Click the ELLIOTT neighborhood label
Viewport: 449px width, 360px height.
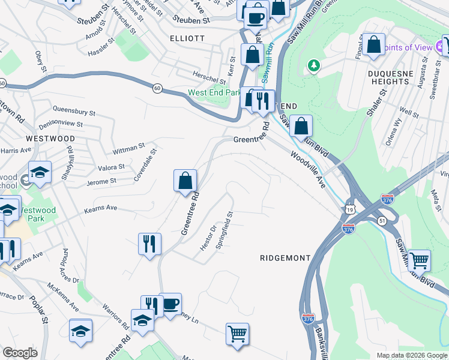[187, 38]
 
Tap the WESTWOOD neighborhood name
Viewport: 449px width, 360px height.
[50, 139]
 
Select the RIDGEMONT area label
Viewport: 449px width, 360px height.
[285, 258]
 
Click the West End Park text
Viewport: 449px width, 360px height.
[214, 93]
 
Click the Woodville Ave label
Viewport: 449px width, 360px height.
[308, 170]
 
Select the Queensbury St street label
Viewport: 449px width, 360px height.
[74, 112]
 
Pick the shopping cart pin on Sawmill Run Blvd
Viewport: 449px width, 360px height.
[419, 260]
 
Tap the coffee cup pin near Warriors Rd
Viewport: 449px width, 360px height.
[170, 304]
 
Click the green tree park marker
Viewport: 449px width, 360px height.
[313, 65]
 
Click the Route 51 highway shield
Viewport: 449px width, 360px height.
[381, 221]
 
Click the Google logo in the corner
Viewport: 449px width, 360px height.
[20, 353]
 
